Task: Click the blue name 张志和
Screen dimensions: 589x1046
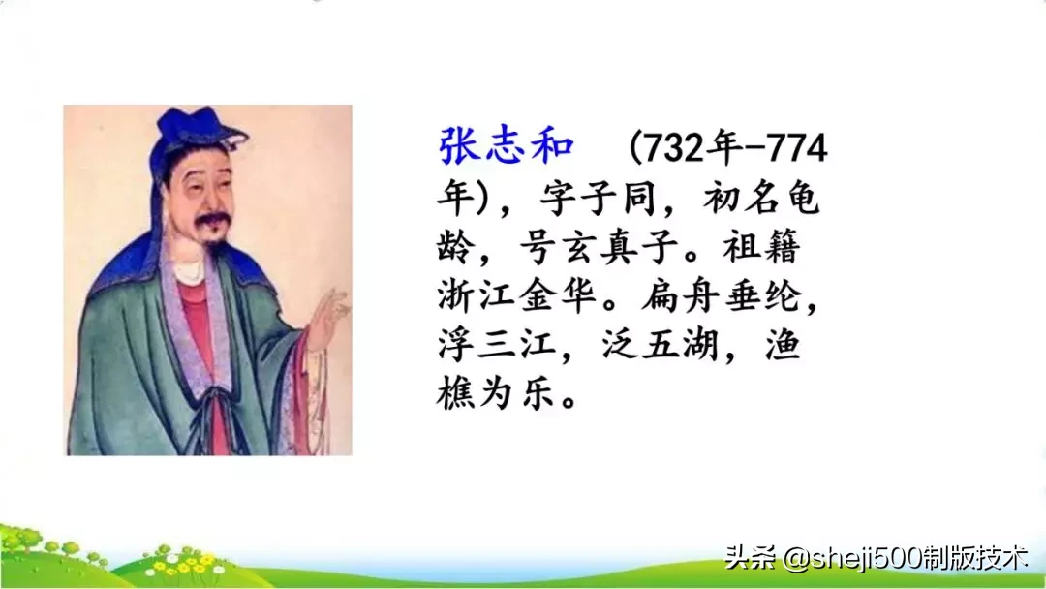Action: pos(507,147)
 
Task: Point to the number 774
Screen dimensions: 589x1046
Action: pos(796,149)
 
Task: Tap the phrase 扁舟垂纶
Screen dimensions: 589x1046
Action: pos(722,299)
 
